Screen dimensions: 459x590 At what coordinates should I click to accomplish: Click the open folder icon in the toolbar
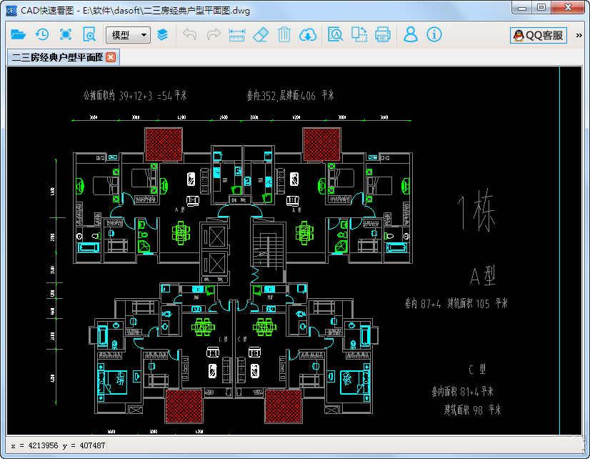[x=19, y=34]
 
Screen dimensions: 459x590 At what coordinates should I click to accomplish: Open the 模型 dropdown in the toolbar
[x=128, y=34]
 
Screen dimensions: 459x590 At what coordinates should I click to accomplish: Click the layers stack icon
[x=163, y=34]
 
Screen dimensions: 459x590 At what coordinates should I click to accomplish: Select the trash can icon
[x=284, y=34]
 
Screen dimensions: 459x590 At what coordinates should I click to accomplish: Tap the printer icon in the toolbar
[x=383, y=34]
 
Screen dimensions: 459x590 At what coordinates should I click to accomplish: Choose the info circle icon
[x=434, y=34]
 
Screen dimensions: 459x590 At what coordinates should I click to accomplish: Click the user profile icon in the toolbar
[x=411, y=34]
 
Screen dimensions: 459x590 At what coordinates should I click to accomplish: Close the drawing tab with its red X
[x=111, y=58]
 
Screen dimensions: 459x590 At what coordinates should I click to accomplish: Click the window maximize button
[x=541, y=7]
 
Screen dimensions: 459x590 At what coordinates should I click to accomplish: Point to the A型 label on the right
[x=483, y=276]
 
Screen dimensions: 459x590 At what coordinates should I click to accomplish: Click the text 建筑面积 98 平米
[x=472, y=410]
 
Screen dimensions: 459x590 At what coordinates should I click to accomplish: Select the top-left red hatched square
[x=164, y=144]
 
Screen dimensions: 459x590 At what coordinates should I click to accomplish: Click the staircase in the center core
[x=266, y=247]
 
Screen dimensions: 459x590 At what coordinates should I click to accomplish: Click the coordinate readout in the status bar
[x=59, y=446]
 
